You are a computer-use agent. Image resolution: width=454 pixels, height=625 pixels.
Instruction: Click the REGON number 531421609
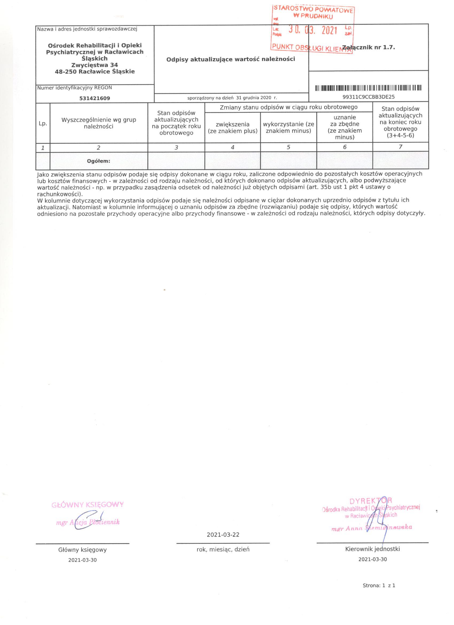[x=95, y=98]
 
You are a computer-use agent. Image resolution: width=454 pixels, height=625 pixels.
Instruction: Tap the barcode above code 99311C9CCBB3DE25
[x=368, y=88]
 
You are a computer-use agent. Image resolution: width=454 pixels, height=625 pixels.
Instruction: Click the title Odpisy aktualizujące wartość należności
[x=231, y=59]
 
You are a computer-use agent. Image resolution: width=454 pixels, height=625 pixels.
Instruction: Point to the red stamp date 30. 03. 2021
[x=313, y=30]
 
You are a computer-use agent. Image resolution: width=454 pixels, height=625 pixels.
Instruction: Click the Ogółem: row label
[x=99, y=161]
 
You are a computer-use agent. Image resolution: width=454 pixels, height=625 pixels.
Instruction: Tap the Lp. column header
[x=43, y=124]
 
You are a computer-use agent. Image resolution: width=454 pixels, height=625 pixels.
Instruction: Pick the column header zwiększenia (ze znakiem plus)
[x=233, y=128]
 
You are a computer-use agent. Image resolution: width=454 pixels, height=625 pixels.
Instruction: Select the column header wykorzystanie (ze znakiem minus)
[x=288, y=128]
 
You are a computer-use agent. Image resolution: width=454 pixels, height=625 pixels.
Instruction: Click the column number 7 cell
[x=401, y=147]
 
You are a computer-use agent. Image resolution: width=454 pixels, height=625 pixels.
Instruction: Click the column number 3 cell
[x=176, y=148]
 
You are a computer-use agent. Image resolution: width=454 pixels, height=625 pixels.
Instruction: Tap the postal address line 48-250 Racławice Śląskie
[x=95, y=71]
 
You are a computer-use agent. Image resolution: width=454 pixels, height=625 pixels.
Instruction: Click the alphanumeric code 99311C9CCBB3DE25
[x=368, y=97]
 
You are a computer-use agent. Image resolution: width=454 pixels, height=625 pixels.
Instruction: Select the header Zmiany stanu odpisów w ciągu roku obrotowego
[x=288, y=107]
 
